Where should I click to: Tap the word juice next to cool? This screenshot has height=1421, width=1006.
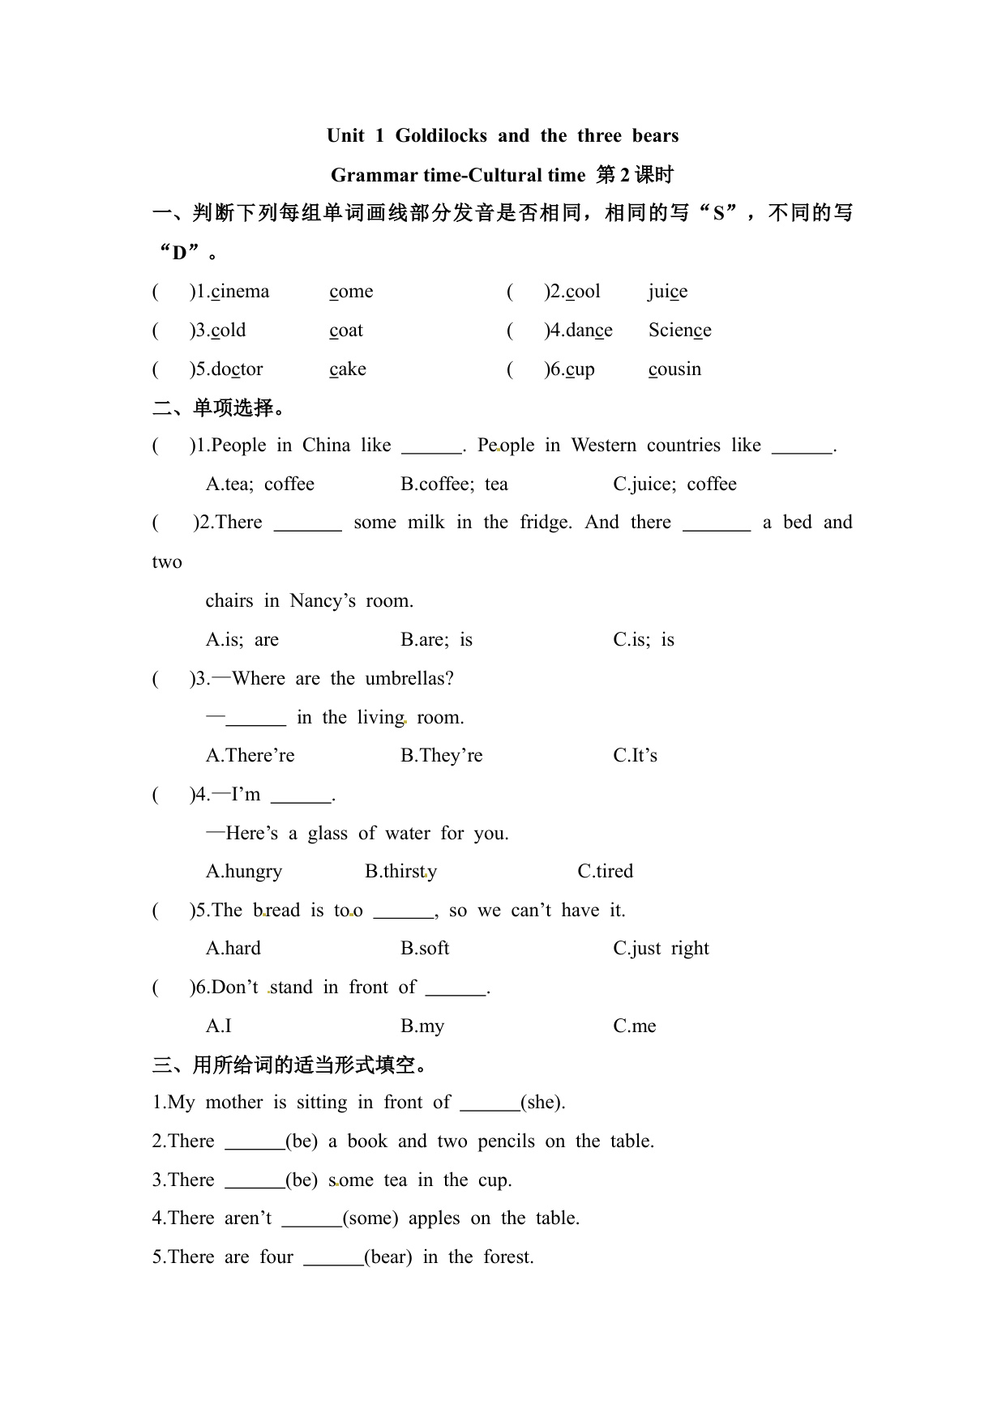pos(668,292)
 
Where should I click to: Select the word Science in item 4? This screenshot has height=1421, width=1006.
pos(679,331)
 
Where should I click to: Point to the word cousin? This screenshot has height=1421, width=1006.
pos(674,369)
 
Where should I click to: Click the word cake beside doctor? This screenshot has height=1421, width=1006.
pos(348,369)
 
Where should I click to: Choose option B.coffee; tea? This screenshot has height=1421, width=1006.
pos(454,484)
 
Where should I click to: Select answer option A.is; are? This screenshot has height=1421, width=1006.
pos(242,640)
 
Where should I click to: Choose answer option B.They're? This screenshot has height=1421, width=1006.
pos(441,756)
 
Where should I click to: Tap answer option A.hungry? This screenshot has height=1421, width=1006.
pos(244,872)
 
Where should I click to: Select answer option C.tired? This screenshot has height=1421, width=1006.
pos(605,872)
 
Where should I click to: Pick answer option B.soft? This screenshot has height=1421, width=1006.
pos(425,949)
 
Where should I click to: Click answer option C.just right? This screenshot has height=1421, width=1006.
pos(661,949)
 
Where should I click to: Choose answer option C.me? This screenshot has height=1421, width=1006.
pos(635,1026)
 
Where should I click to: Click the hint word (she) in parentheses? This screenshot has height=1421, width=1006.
pos(542,1103)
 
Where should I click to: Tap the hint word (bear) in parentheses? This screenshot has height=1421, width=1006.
pos(388,1257)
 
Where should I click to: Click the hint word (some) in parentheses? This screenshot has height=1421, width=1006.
pos(370,1218)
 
